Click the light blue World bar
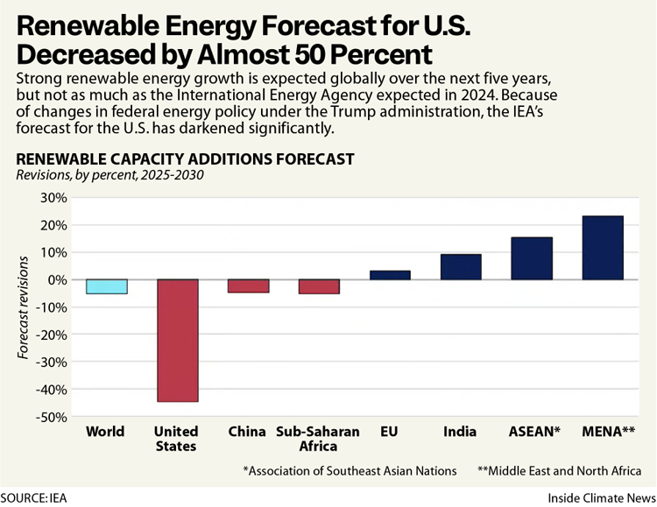tap(106, 286)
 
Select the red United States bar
tap(177, 340)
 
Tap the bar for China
tap(248, 285)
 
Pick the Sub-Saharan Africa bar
tap(319, 286)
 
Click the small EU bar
tap(390, 275)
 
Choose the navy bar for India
tap(461, 267)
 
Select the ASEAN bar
tap(532, 258)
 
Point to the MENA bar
tap(603, 248)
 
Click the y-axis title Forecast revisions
tap(24, 307)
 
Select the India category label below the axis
tap(461, 432)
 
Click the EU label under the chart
tap(390, 432)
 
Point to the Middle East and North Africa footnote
tap(560, 470)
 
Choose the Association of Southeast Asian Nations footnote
tap(350, 470)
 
